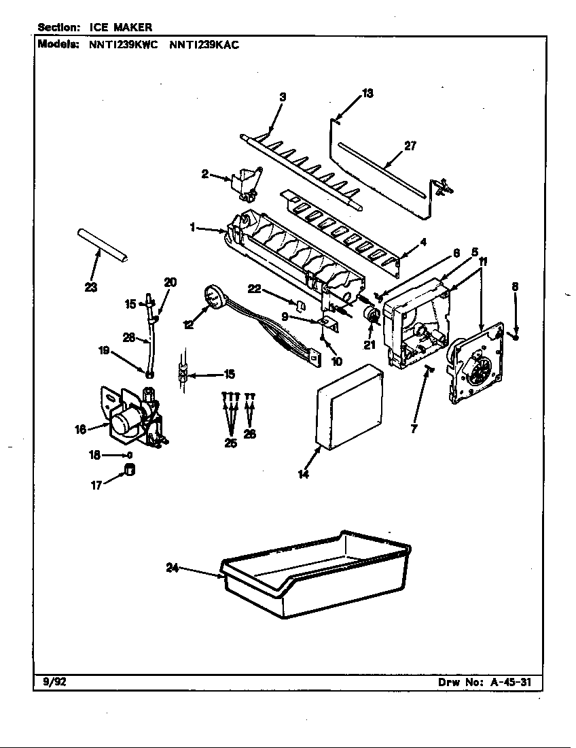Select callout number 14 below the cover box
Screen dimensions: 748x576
pos(303,474)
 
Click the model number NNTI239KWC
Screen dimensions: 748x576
pos(123,46)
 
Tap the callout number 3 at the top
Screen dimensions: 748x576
pos(283,97)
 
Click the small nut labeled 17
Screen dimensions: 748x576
pos(129,471)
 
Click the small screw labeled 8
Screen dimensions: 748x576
pos(516,334)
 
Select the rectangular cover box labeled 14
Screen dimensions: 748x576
pos(350,408)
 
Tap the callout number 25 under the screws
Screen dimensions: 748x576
pos(231,443)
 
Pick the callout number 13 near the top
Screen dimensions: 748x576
pos(367,94)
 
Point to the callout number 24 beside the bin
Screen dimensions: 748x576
pos(173,568)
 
